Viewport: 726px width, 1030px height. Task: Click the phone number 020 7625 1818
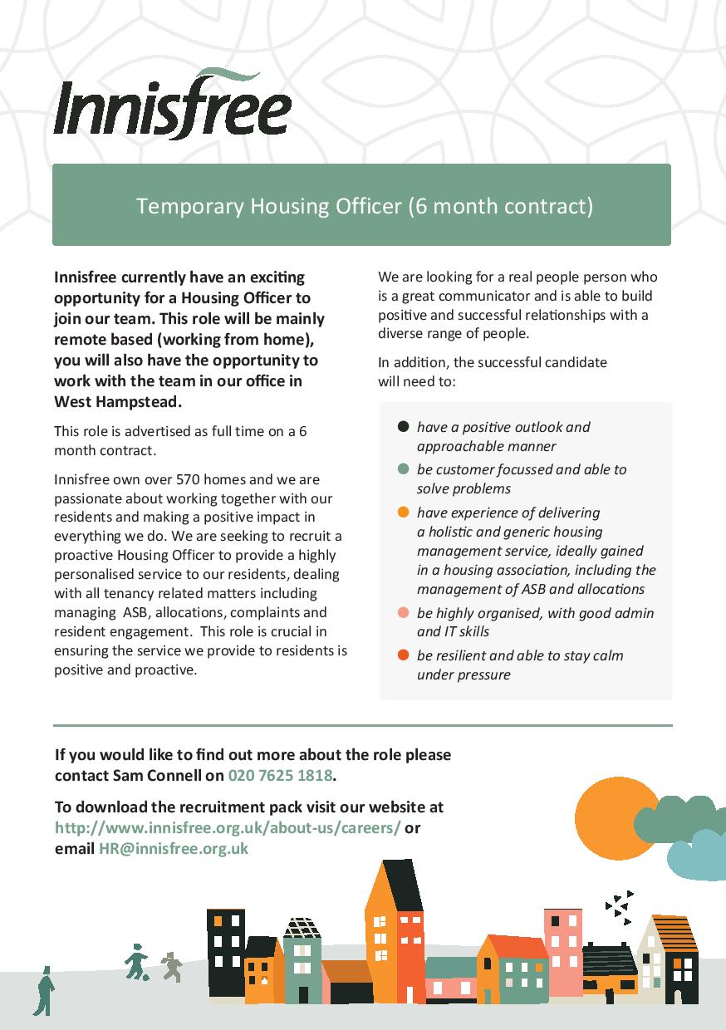click(281, 776)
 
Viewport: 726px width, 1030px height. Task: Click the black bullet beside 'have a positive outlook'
click(404, 427)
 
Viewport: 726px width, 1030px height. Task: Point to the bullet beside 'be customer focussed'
click(404, 469)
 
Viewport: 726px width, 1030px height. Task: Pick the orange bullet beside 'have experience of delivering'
click(404, 512)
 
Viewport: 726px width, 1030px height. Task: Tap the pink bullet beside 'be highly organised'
click(404, 613)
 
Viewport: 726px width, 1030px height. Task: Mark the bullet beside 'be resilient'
click(404, 655)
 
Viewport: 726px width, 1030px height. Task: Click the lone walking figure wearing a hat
click(44, 990)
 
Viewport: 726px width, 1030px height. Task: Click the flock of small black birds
click(619, 905)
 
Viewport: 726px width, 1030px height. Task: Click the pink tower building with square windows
click(562, 951)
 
